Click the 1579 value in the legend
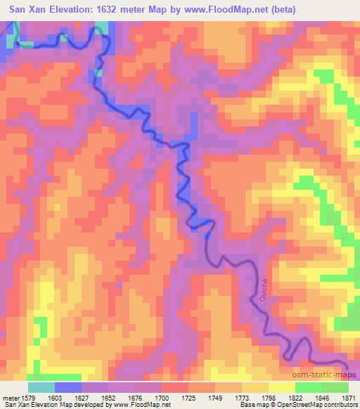[27, 397]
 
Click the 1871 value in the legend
[349, 397]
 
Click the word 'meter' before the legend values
[10, 397]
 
